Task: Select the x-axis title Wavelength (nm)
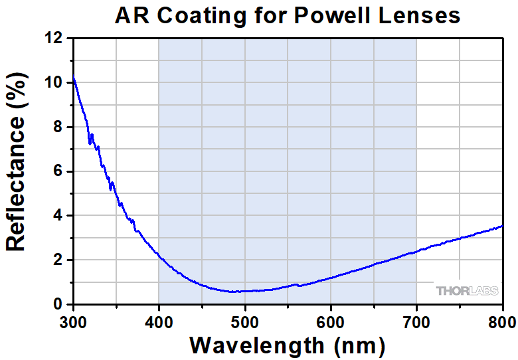[x=287, y=345]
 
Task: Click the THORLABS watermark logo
[x=466, y=290]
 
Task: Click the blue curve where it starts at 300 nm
[x=74, y=80]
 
